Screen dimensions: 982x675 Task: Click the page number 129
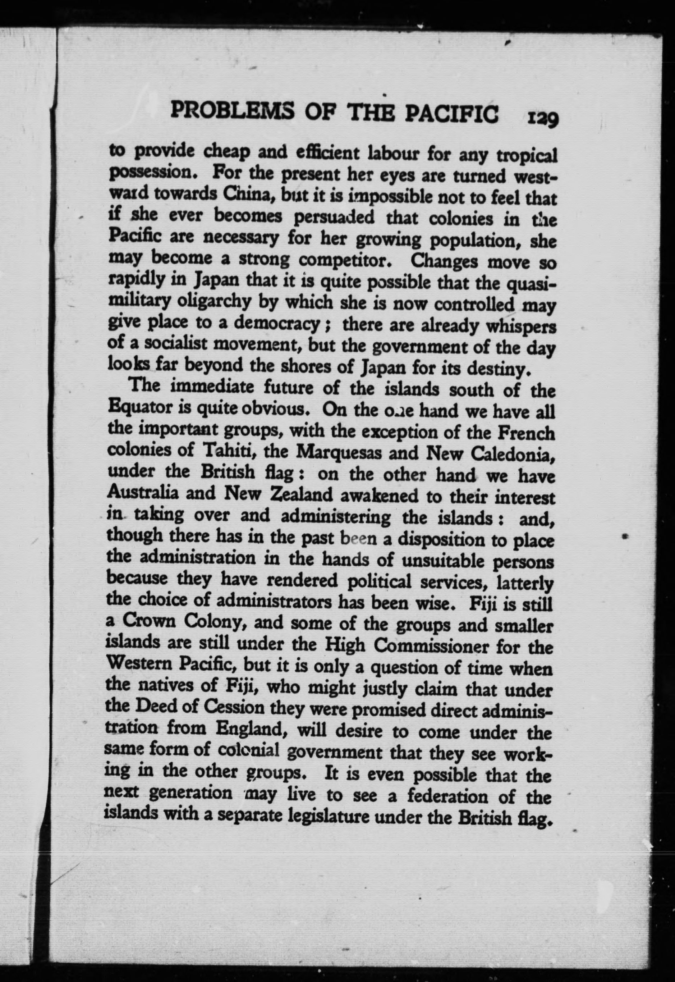543,119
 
